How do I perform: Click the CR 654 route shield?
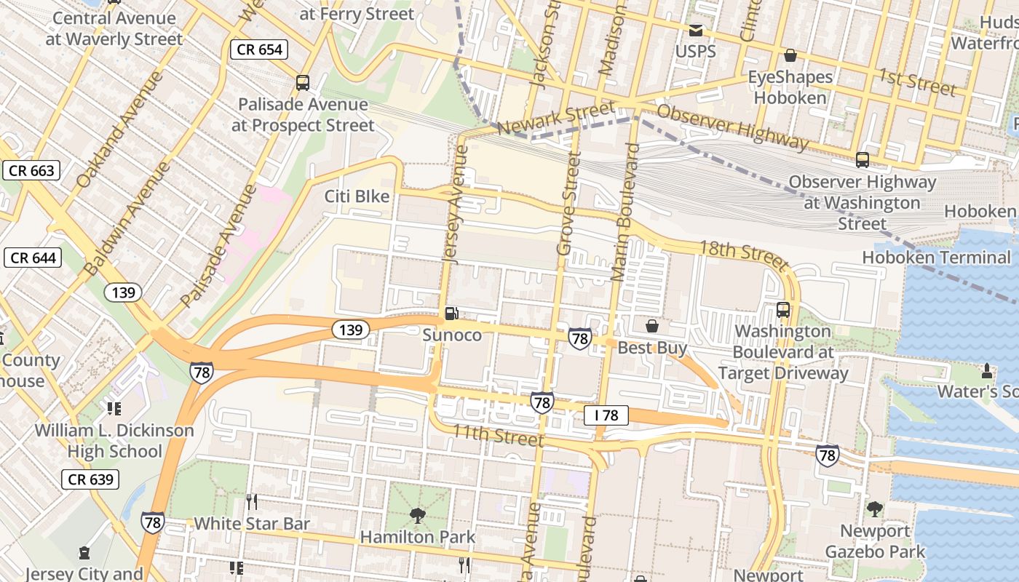[x=259, y=49]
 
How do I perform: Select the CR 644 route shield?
[x=32, y=258]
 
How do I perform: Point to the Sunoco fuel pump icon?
[x=452, y=314]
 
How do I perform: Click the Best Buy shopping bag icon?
[x=652, y=327]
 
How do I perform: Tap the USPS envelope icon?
[x=696, y=31]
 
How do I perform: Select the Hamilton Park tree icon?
[x=418, y=517]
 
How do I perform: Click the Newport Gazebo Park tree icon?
[x=875, y=509]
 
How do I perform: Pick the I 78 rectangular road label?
[x=606, y=415]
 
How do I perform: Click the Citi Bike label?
[x=357, y=196]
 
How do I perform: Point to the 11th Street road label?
[x=498, y=435]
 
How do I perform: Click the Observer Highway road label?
[x=732, y=127]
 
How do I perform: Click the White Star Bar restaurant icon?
[x=251, y=502]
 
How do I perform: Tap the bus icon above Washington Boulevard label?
[x=783, y=310]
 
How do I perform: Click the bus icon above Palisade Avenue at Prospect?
[x=303, y=83]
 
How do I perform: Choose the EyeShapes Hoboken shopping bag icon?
[x=790, y=55]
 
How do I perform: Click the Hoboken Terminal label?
[x=936, y=257]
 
